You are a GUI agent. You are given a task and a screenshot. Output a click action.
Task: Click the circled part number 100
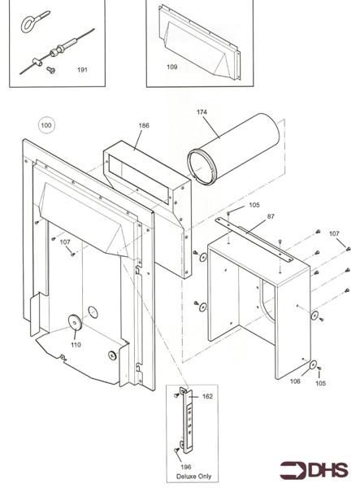click(x=46, y=126)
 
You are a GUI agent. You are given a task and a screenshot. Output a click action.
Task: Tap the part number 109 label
click(x=171, y=66)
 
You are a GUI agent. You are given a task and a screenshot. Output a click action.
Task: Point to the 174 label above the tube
click(x=202, y=111)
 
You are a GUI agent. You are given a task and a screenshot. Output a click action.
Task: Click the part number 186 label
click(x=144, y=126)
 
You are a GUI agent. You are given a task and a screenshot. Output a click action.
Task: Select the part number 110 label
click(x=76, y=344)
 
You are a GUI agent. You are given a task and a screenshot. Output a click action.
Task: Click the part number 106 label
click(x=295, y=380)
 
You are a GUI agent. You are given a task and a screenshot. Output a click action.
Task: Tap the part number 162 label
click(x=206, y=396)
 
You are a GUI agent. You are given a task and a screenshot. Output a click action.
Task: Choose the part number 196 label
click(x=185, y=466)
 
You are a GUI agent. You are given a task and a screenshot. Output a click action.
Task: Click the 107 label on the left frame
click(x=65, y=242)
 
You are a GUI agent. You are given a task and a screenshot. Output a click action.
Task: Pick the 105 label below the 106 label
click(x=320, y=382)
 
